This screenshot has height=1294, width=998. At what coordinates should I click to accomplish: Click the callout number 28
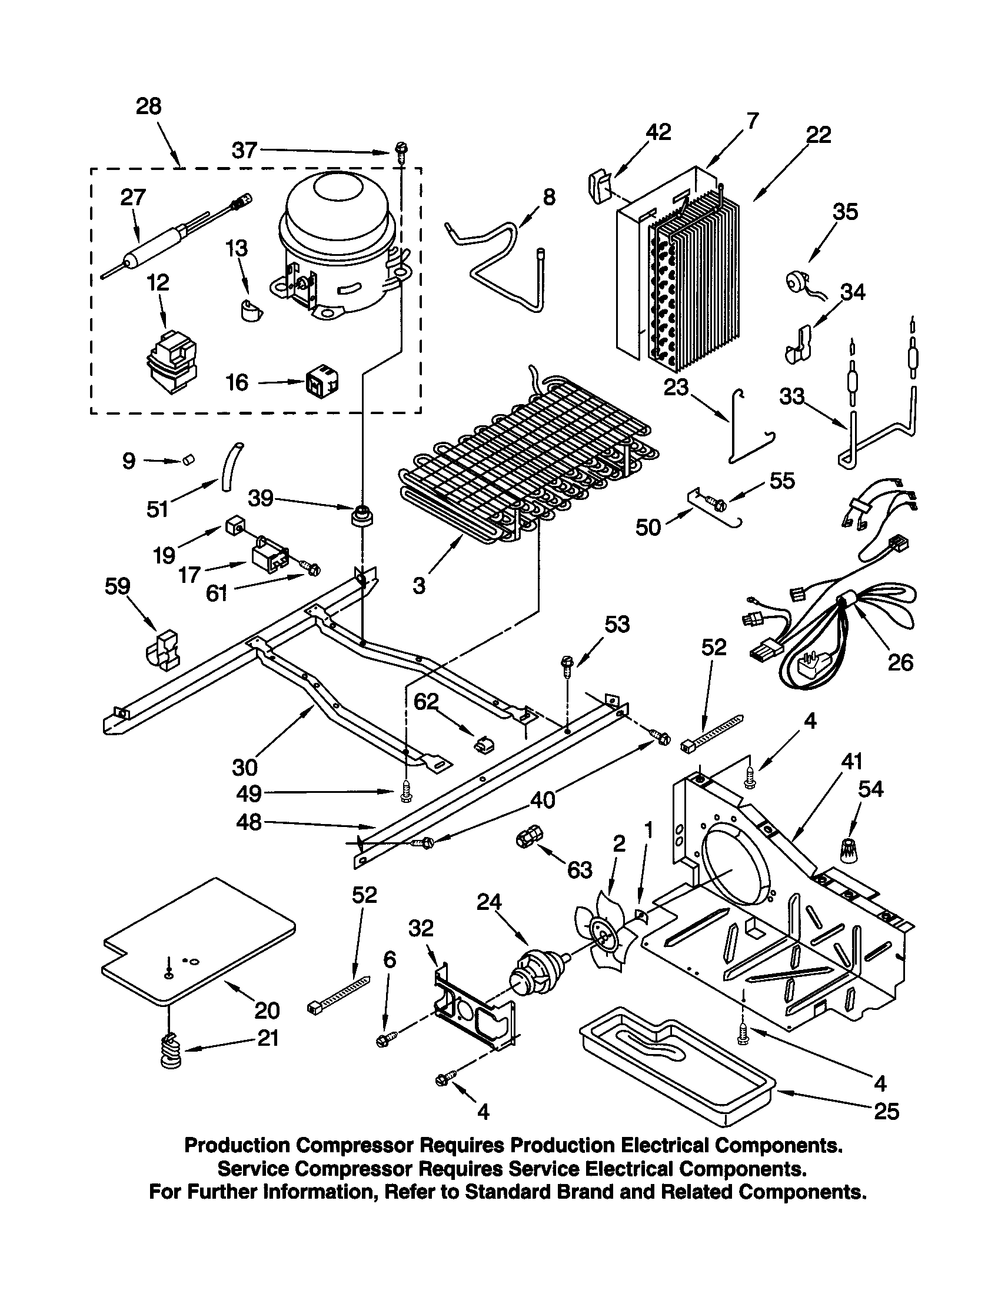[148, 106]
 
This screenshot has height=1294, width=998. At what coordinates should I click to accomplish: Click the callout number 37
[244, 151]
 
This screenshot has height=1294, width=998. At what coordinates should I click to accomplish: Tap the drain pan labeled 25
[676, 1066]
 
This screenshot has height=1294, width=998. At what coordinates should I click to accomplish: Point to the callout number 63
[579, 870]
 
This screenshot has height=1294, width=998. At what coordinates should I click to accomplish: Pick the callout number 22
[819, 135]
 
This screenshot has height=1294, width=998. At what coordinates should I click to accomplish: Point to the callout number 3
[419, 586]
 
